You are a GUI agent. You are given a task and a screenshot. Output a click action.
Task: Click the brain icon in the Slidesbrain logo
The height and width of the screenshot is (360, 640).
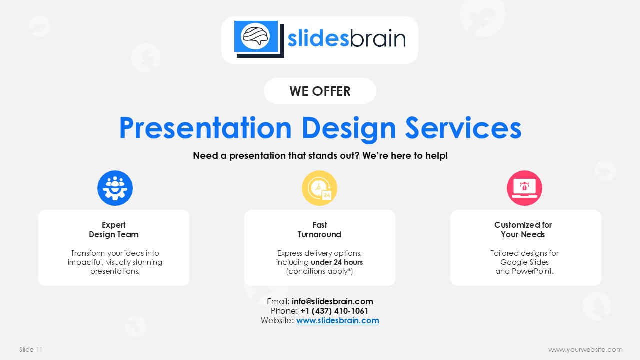coord(256,36)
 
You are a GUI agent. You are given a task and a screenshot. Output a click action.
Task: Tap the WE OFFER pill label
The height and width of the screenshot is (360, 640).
coord(320,91)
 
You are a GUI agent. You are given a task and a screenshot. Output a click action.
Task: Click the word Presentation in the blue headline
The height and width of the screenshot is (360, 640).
coord(205,128)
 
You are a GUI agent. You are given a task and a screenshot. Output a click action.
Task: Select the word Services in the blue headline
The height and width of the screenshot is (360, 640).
coord(463,128)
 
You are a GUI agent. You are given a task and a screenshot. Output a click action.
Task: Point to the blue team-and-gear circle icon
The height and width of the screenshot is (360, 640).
coord(115,188)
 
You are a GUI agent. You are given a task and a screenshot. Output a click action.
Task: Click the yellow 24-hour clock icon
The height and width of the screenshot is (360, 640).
coord(319,188)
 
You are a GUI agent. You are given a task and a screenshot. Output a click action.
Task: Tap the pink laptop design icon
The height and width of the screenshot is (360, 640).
coord(524,188)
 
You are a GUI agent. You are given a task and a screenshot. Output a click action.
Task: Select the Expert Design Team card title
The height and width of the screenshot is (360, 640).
coord(114,229)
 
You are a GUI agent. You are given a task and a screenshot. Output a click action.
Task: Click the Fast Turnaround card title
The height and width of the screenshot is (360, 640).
coord(319,229)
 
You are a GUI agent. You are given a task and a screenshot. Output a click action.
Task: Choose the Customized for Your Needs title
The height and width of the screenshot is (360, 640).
coord(523,229)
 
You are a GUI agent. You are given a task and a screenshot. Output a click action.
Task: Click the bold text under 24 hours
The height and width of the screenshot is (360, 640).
coord(337,262)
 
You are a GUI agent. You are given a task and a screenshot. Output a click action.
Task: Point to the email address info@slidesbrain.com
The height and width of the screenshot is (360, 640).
coord(332,301)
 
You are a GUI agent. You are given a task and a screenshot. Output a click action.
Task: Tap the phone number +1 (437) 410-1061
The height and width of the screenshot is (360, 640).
coord(334,311)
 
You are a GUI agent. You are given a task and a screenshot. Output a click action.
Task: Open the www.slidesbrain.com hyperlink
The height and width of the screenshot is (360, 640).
coord(337,321)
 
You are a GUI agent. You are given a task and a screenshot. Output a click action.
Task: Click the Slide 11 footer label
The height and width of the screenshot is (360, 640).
coord(31,349)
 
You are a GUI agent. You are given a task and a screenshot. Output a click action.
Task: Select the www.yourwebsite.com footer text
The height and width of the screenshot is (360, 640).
coord(585,349)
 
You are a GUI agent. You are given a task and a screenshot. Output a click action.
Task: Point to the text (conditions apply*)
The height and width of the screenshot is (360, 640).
coord(319,271)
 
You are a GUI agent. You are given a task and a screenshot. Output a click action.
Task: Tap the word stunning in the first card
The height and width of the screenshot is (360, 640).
coord(147,262)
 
